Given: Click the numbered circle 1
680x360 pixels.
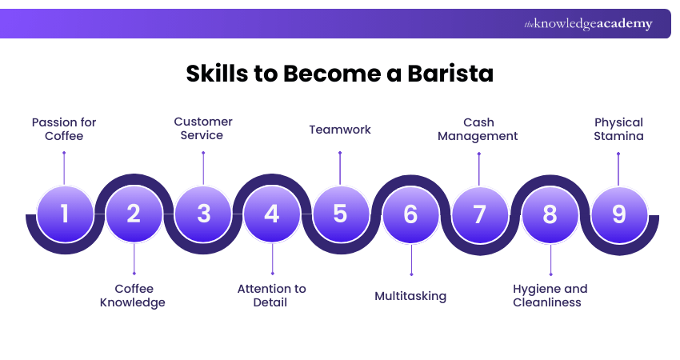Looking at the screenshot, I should tap(65, 214).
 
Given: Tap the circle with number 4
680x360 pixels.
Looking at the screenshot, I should tap(272, 214).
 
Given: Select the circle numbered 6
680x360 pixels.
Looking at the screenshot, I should tap(410, 214).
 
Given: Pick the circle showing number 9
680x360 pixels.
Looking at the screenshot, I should tap(618, 214).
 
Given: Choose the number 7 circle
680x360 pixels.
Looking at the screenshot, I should tap(479, 214).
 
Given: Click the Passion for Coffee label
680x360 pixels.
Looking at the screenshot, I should tap(64, 129).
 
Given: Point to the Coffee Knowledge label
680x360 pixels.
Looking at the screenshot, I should tap(133, 295).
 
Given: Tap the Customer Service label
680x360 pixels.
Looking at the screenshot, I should tap(203, 128).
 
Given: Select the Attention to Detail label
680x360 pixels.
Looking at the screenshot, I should tap(272, 295).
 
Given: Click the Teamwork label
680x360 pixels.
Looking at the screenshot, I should tap(340, 129).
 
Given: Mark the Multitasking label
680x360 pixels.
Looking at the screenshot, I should tap(410, 296).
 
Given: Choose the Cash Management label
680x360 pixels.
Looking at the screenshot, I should tap(479, 129).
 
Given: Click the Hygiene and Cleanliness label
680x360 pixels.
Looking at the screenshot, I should tap(550, 295).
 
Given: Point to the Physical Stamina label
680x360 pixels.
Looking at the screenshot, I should tap(618, 129).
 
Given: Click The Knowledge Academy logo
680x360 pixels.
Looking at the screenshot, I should tap(588, 24).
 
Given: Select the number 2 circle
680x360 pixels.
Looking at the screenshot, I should tap(134, 214).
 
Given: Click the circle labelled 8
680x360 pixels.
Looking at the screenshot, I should tap(549, 214).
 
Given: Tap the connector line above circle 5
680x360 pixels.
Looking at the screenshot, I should tap(340, 168).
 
